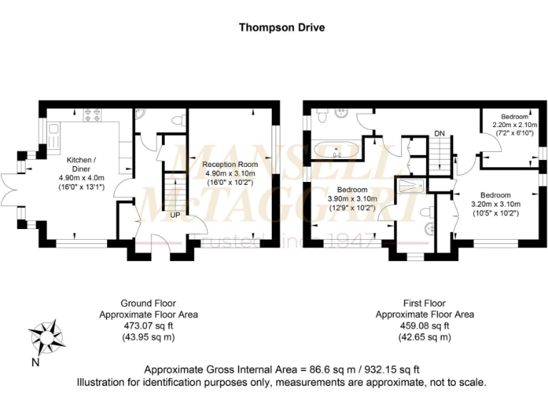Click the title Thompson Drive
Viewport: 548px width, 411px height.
(281, 28)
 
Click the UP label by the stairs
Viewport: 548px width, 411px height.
(174, 214)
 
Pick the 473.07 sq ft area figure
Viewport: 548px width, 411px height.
(148, 325)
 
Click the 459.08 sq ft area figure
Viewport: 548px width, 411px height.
(425, 325)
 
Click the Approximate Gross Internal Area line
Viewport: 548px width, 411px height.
(281, 370)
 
